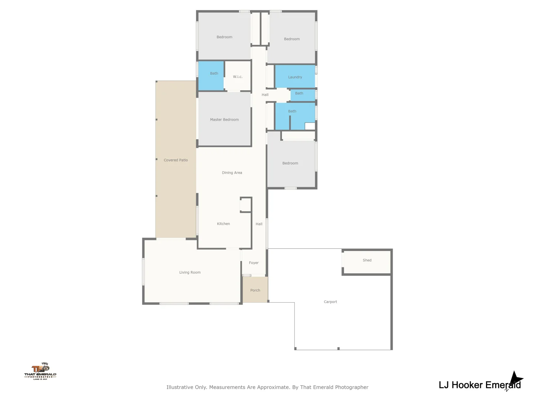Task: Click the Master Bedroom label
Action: click(x=224, y=120)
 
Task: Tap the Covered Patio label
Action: click(x=176, y=160)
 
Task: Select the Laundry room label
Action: click(x=295, y=77)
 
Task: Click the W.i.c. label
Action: click(x=237, y=77)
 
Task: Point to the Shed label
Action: click(x=367, y=260)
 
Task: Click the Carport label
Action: click(x=330, y=302)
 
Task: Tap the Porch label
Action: click(x=255, y=290)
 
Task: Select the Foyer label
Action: click(x=254, y=263)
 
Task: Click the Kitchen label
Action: click(x=223, y=224)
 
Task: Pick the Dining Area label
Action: click(x=232, y=173)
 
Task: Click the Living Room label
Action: click(x=190, y=273)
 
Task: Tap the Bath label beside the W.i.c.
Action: click(x=214, y=74)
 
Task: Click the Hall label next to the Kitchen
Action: click(x=259, y=224)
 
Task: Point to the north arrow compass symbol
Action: click(x=515, y=380)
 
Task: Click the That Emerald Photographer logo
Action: click(x=40, y=371)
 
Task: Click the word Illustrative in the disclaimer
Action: click(x=179, y=387)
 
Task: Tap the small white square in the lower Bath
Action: click(x=310, y=126)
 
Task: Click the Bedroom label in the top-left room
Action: click(x=224, y=37)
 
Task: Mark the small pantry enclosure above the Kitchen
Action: click(x=246, y=205)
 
